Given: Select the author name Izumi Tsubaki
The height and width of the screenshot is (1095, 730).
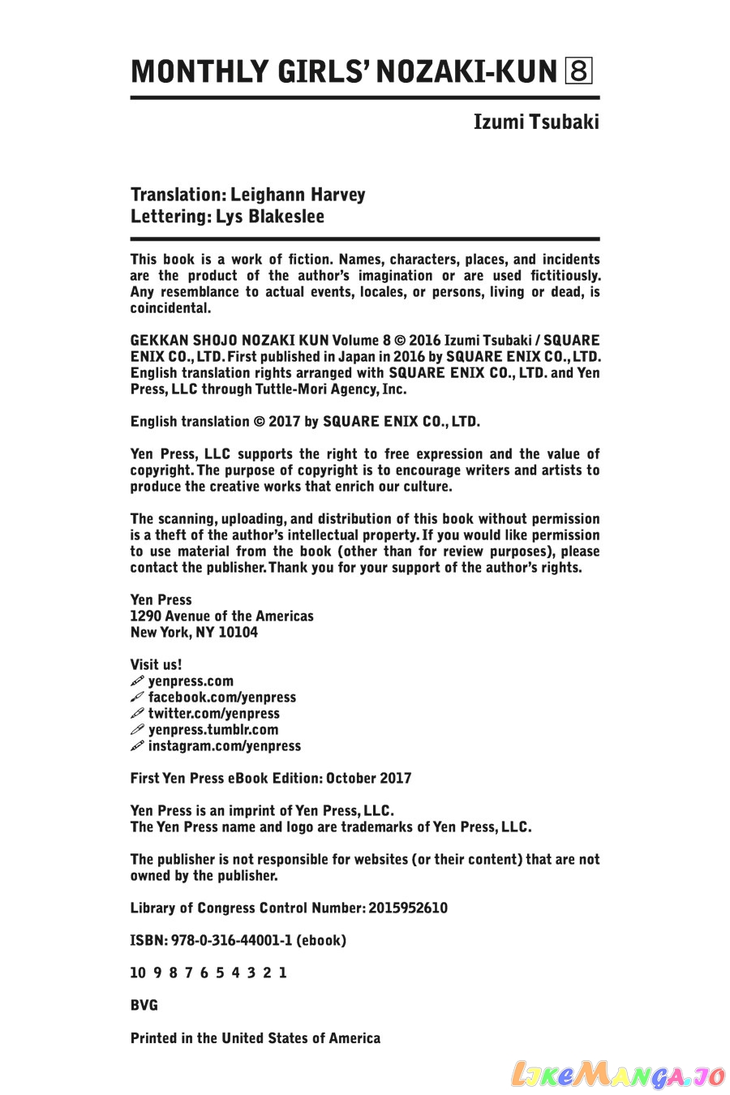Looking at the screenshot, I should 536,122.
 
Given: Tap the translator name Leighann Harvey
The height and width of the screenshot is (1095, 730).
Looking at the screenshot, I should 298,195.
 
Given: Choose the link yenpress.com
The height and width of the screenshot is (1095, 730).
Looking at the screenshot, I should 191,681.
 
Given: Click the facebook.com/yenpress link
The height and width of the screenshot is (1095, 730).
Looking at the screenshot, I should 221,698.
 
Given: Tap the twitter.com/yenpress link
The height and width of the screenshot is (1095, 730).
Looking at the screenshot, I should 213,714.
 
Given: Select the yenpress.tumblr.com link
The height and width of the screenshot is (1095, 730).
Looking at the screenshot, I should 213,730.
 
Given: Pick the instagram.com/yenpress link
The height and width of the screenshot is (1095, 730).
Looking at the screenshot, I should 224,746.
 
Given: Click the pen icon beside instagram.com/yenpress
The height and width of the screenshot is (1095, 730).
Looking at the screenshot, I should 137,746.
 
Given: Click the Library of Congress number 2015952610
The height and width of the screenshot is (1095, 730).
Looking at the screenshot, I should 407,908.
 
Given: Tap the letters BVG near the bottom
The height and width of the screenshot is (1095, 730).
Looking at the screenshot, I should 144,1006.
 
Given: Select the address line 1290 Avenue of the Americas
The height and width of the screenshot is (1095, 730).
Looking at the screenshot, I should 221,616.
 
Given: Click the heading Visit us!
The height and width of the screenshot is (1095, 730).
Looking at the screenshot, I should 156,665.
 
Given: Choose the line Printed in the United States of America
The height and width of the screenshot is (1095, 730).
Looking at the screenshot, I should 255,1038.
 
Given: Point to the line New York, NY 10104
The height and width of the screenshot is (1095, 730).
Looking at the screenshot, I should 194,633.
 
